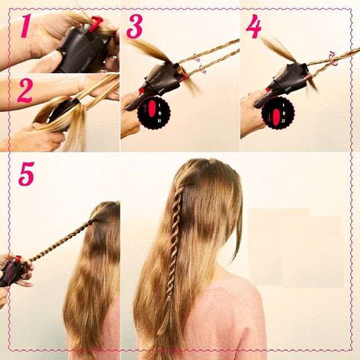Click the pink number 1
[x=24, y=27]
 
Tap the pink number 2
[x=24, y=91]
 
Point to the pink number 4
[x=254, y=27]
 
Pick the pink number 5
[x=26, y=174]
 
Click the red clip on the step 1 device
[x=96, y=23]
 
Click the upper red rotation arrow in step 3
[x=196, y=57]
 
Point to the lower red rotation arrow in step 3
[x=202, y=70]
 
